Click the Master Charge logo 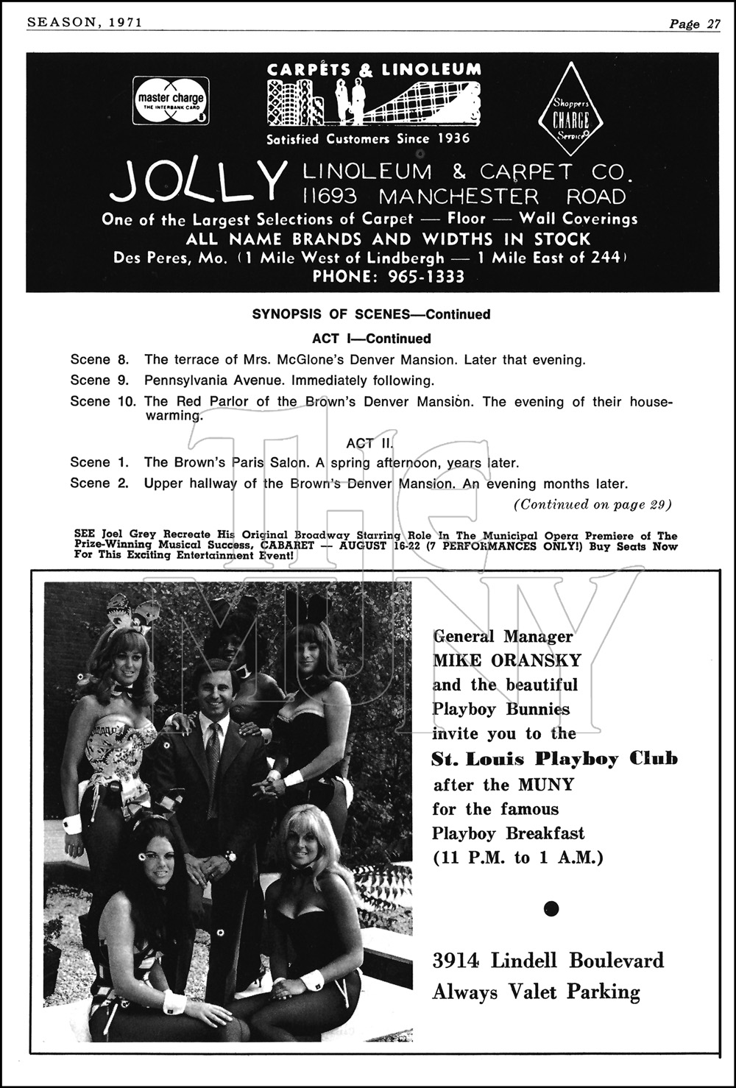171,100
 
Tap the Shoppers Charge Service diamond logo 571,109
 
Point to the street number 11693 330,197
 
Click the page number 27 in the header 712,24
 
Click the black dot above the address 551,908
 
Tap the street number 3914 456,961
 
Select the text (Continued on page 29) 592,504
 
